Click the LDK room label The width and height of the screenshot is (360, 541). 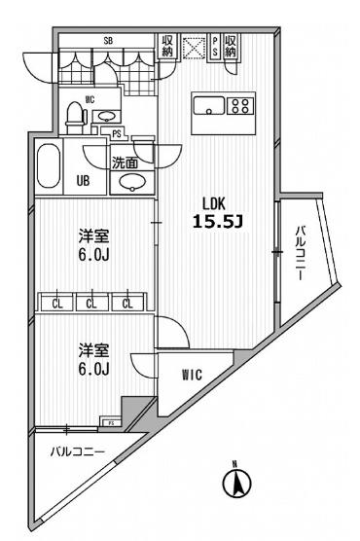coord(214,202)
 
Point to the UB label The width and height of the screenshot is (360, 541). coord(85,180)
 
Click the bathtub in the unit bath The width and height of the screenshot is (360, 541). coord(49,167)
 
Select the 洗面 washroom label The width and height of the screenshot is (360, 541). coord(125,164)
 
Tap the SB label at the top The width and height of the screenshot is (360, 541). coord(107,41)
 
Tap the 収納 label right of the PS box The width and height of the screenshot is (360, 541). coord(232,46)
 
